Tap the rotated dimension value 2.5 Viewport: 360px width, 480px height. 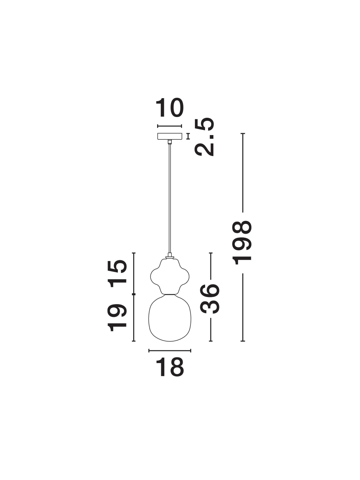204,136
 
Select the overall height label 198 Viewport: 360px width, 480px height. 242,243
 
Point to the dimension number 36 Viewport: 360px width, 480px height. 209,298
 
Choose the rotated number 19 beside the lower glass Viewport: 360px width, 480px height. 117,319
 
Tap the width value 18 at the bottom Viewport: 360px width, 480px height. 170,367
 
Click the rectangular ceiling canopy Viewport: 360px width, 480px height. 169,136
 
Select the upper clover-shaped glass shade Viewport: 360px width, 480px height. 169,276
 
